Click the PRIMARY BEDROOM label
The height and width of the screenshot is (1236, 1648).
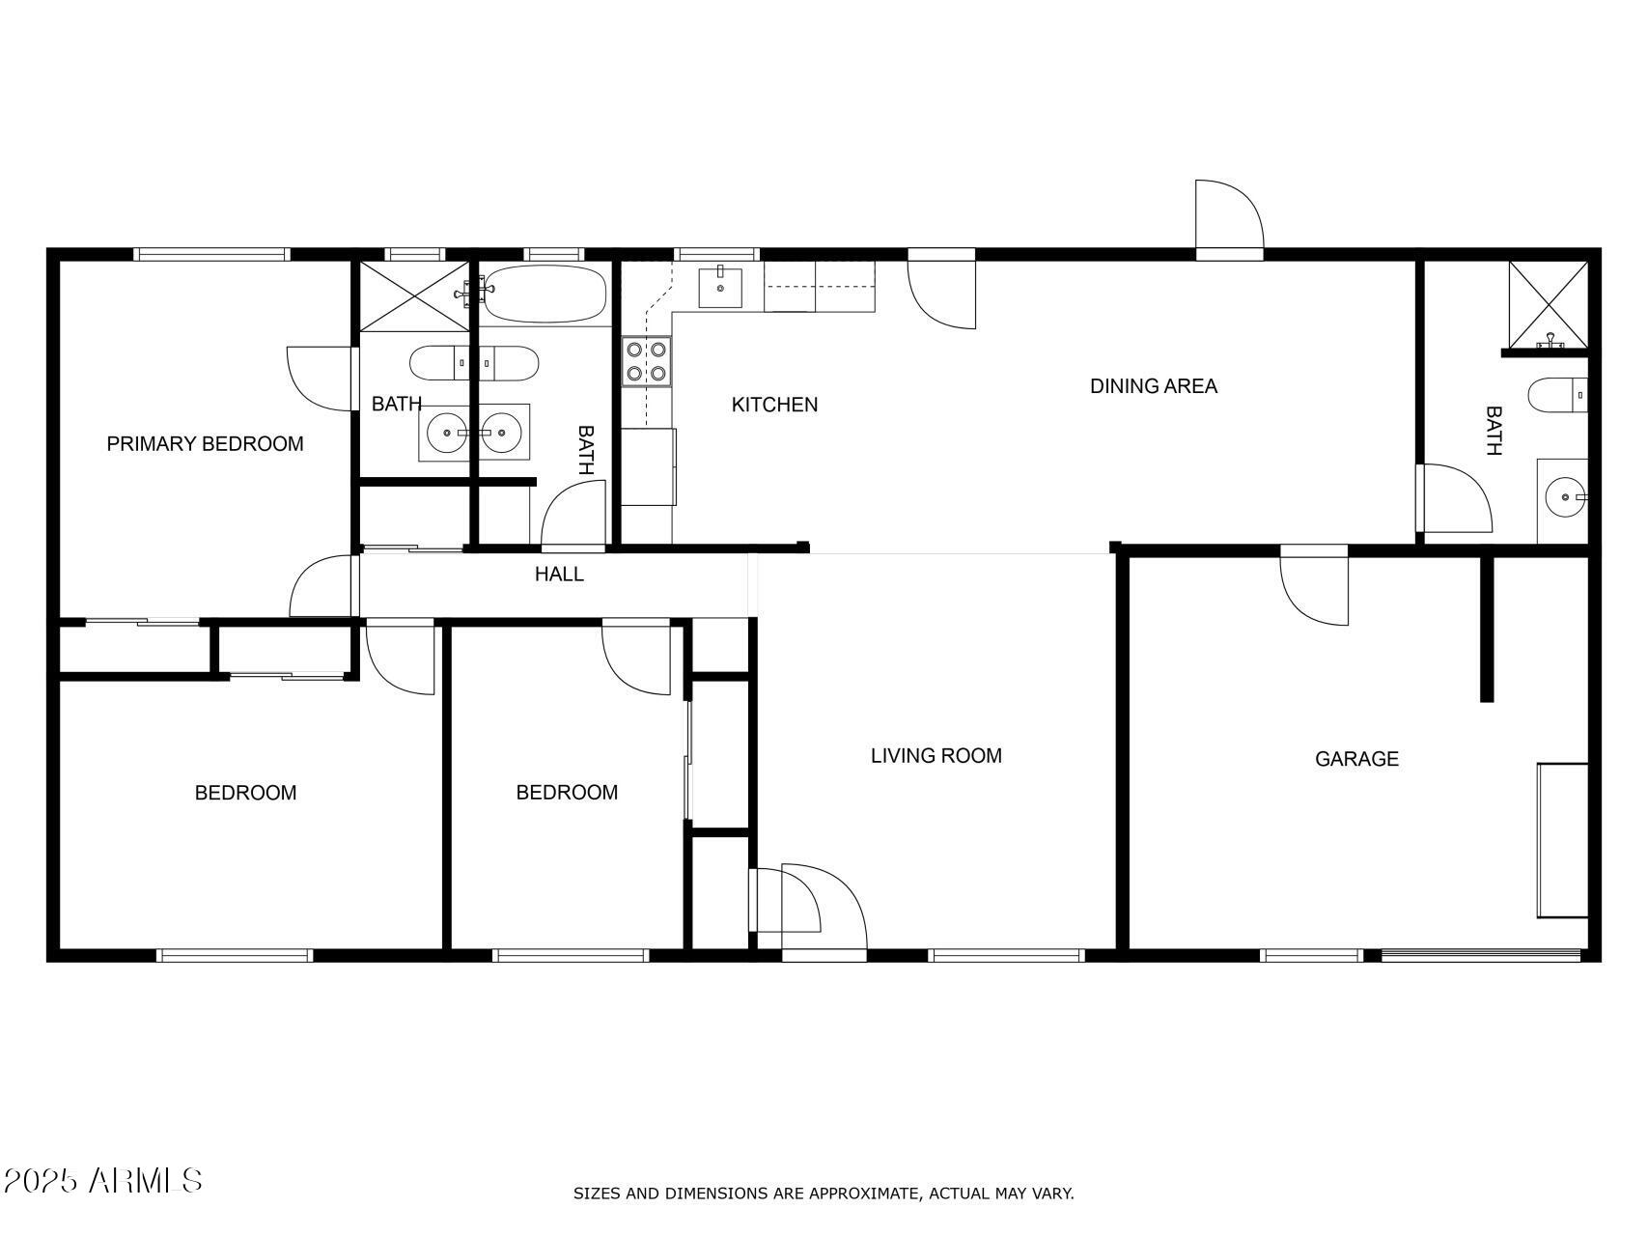(205, 444)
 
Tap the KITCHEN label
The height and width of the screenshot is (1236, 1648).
(774, 405)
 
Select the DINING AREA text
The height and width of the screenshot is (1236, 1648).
(1154, 386)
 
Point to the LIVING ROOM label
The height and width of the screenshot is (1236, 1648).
(936, 756)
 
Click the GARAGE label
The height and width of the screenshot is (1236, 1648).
(1356, 759)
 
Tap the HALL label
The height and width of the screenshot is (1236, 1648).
(559, 575)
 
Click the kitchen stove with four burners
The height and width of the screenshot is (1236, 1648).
(647, 361)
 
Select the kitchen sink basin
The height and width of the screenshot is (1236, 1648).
(720, 288)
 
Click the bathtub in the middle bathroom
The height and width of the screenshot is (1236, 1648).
(545, 294)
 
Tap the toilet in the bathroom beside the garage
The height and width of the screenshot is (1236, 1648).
(1557, 395)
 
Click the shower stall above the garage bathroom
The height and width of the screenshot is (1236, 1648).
(1549, 304)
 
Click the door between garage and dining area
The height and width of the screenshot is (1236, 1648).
(1314, 585)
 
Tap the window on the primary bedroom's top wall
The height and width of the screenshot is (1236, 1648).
(211, 255)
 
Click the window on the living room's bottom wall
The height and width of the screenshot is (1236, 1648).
(1007, 956)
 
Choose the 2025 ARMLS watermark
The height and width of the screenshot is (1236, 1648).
(102, 1181)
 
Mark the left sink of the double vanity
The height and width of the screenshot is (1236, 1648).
(446, 434)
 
